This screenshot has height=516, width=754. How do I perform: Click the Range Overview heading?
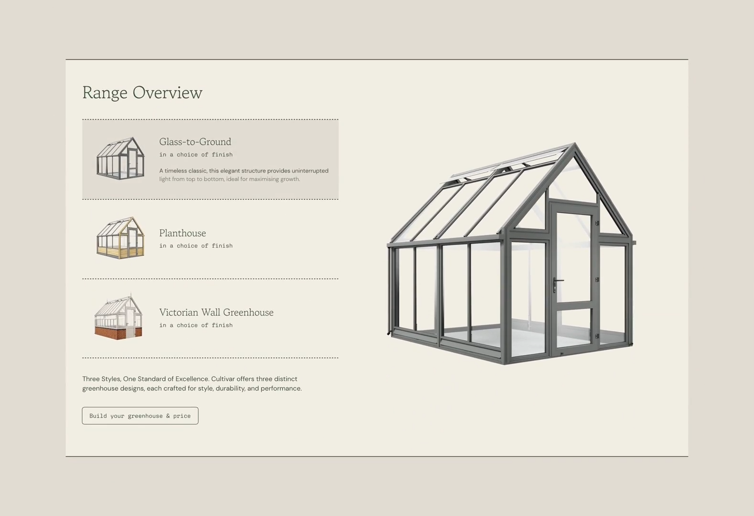tap(142, 93)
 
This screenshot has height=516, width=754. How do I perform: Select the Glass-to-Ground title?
tap(195, 142)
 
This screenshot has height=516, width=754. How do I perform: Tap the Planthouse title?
tap(183, 233)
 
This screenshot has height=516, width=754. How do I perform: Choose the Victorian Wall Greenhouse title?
tap(216, 312)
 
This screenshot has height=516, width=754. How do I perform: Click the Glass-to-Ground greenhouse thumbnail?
tap(120, 158)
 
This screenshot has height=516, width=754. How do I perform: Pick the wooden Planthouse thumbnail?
tap(120, 237)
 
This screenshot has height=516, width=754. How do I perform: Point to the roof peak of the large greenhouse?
tap(575, 144)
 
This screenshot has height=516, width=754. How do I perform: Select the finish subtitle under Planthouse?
tap(196, 246)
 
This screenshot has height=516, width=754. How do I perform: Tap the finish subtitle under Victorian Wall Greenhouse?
tap(196, 325)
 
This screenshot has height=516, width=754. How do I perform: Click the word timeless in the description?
tap(176, 171)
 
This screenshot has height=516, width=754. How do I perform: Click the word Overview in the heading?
tap(168, 93)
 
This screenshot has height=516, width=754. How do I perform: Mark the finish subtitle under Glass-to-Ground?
tap(196, 154)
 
